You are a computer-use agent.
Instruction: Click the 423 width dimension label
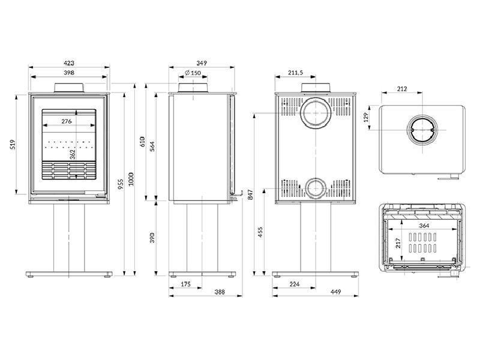69,63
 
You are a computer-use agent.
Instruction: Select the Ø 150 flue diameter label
193,73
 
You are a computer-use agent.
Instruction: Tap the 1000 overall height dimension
131,179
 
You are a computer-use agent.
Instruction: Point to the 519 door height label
13,144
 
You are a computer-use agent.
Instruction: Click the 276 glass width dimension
67,121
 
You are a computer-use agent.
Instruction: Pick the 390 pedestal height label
152,238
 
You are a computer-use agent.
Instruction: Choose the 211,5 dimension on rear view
295,73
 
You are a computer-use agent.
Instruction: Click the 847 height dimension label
250,194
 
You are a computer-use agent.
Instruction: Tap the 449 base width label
335,292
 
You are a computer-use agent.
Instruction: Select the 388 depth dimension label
220,292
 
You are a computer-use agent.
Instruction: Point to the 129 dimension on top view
366,116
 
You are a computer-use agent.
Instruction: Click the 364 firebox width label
424,226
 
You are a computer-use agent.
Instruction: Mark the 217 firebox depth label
398,244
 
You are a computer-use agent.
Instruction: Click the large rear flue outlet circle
316,100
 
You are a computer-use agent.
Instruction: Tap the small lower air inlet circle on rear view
316,178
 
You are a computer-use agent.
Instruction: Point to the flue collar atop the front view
68,87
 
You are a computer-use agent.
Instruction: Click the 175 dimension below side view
185,284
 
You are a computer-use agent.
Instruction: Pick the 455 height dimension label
260,233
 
